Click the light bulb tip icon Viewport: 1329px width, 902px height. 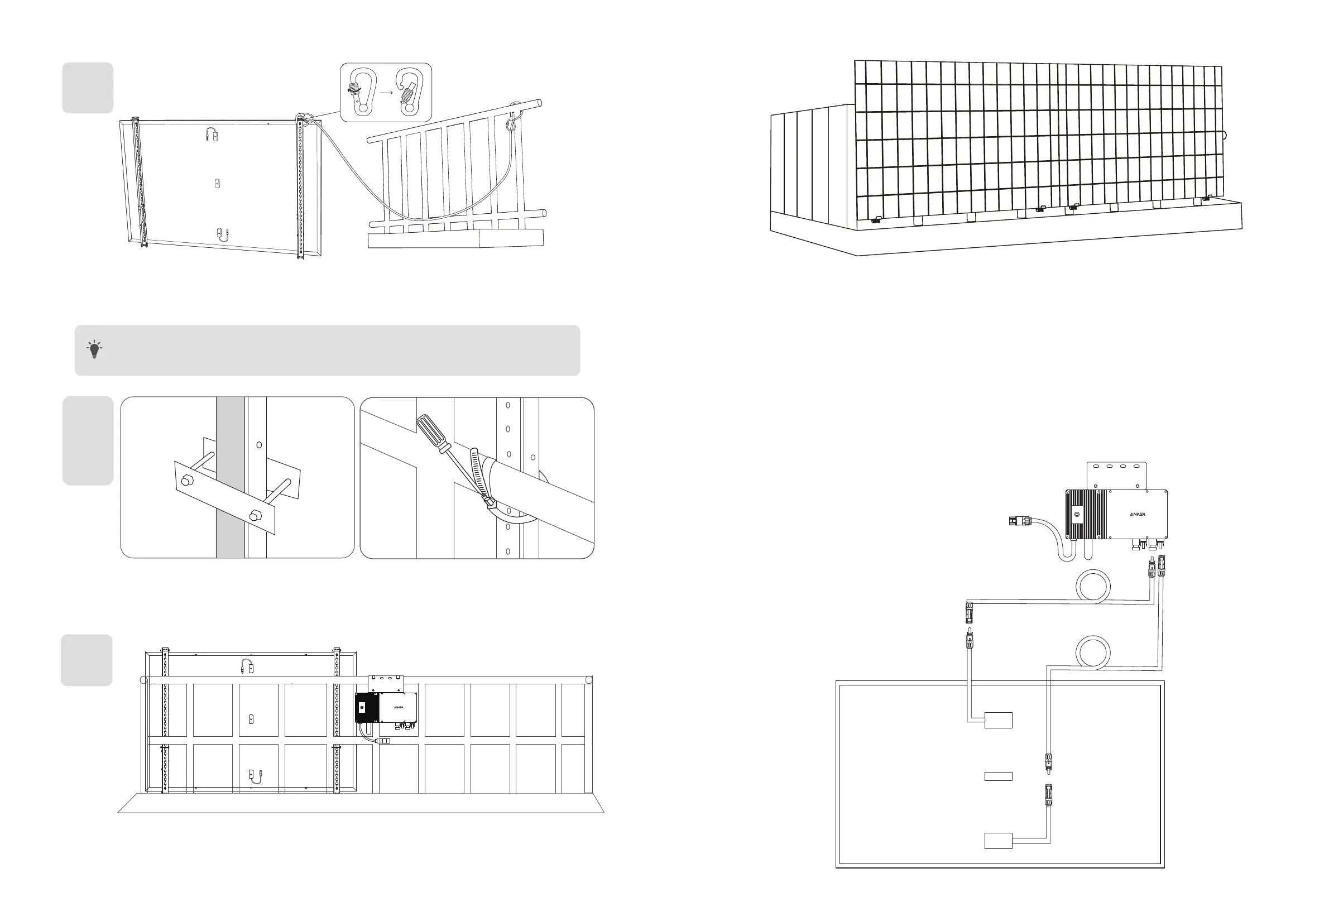point(95,349)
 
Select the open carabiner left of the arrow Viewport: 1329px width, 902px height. point(361,92)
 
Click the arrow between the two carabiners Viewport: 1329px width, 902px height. point(386,92)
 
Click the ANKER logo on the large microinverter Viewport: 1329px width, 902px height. point(1138,514)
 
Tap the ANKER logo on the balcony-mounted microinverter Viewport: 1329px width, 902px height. point(399,707)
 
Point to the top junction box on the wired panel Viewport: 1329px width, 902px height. point(999,720)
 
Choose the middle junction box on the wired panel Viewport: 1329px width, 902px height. point(999,776)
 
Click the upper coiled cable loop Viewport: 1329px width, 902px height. point(1093,587)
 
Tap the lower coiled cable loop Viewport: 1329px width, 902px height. point(1093,652)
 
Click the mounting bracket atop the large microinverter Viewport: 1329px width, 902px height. point(1117,476)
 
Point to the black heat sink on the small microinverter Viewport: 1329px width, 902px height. point(367,708)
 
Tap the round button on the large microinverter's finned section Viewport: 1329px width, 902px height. point(1077,515)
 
